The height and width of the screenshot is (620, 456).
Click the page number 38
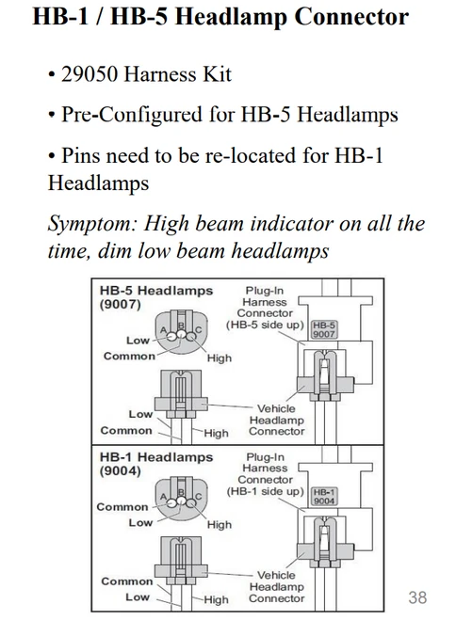417,597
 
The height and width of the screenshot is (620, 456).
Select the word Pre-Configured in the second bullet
132,115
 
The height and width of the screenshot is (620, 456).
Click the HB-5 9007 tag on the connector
324,330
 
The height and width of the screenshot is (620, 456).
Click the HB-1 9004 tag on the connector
324,496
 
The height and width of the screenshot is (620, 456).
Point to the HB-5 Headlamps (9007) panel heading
156,297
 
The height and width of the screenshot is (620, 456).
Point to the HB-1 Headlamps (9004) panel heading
156,464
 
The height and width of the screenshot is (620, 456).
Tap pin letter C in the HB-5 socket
198,329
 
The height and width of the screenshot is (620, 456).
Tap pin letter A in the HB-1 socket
163,496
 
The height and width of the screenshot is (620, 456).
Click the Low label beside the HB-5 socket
138,340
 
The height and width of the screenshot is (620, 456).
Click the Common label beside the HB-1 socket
122,506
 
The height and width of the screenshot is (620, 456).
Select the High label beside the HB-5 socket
220,358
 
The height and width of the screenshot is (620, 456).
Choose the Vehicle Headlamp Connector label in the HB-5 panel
277,420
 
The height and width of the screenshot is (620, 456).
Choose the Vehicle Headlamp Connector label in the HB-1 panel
277,586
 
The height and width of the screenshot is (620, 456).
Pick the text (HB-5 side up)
265,325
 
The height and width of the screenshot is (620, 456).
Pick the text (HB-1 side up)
265,491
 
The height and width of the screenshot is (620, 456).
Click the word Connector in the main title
351,17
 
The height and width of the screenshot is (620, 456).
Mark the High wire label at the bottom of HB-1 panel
216,599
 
